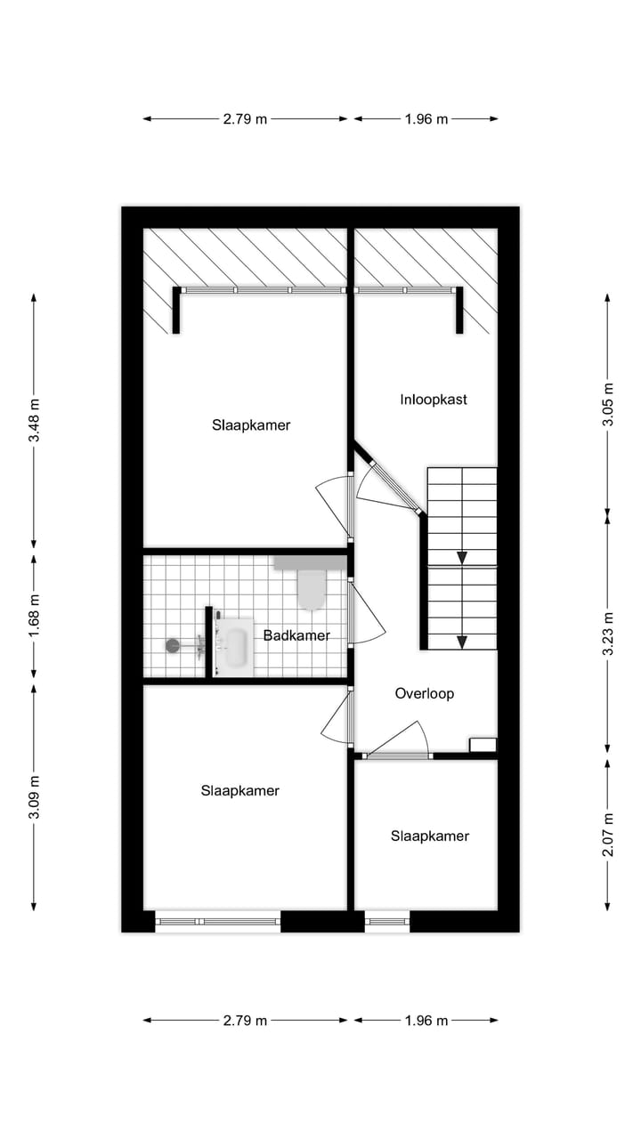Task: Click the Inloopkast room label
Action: (434, 400)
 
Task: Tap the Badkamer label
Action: (296, 635)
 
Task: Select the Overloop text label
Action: (425, 693)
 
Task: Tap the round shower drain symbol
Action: (173, 644)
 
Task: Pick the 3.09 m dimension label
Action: (34, 796)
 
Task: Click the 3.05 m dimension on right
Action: (608, 403)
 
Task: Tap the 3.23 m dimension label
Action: (608, 634)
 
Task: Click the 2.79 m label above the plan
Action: (245, 118)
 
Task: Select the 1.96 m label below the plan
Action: (426, 1021)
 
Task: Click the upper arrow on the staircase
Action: (462, 558)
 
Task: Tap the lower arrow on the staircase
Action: (462, 641)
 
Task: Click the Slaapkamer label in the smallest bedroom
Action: (429, 836)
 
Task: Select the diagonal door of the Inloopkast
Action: (386, 477)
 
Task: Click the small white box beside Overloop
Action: (483, 745)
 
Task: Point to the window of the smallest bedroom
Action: (387, 921)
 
